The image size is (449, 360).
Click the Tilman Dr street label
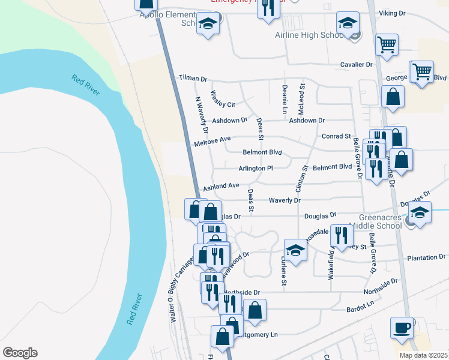(x=193, y=79)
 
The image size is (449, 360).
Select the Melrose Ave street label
(x=212, y=141)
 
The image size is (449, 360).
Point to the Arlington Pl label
(x=256, y=169)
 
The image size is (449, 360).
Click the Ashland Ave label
(x=221, y=187)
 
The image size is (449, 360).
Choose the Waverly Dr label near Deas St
(x=284, y=200)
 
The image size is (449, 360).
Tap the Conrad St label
(x=336, y=136)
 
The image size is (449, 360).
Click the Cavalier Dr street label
(x=357, y=64)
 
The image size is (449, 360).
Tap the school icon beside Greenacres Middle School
(x=420, y=212)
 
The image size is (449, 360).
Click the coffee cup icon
(x=402, y=328)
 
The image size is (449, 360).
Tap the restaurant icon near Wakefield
(x=341, y=235)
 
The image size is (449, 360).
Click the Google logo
(x=19, y=353)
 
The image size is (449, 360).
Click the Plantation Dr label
(x=426, y=257)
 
